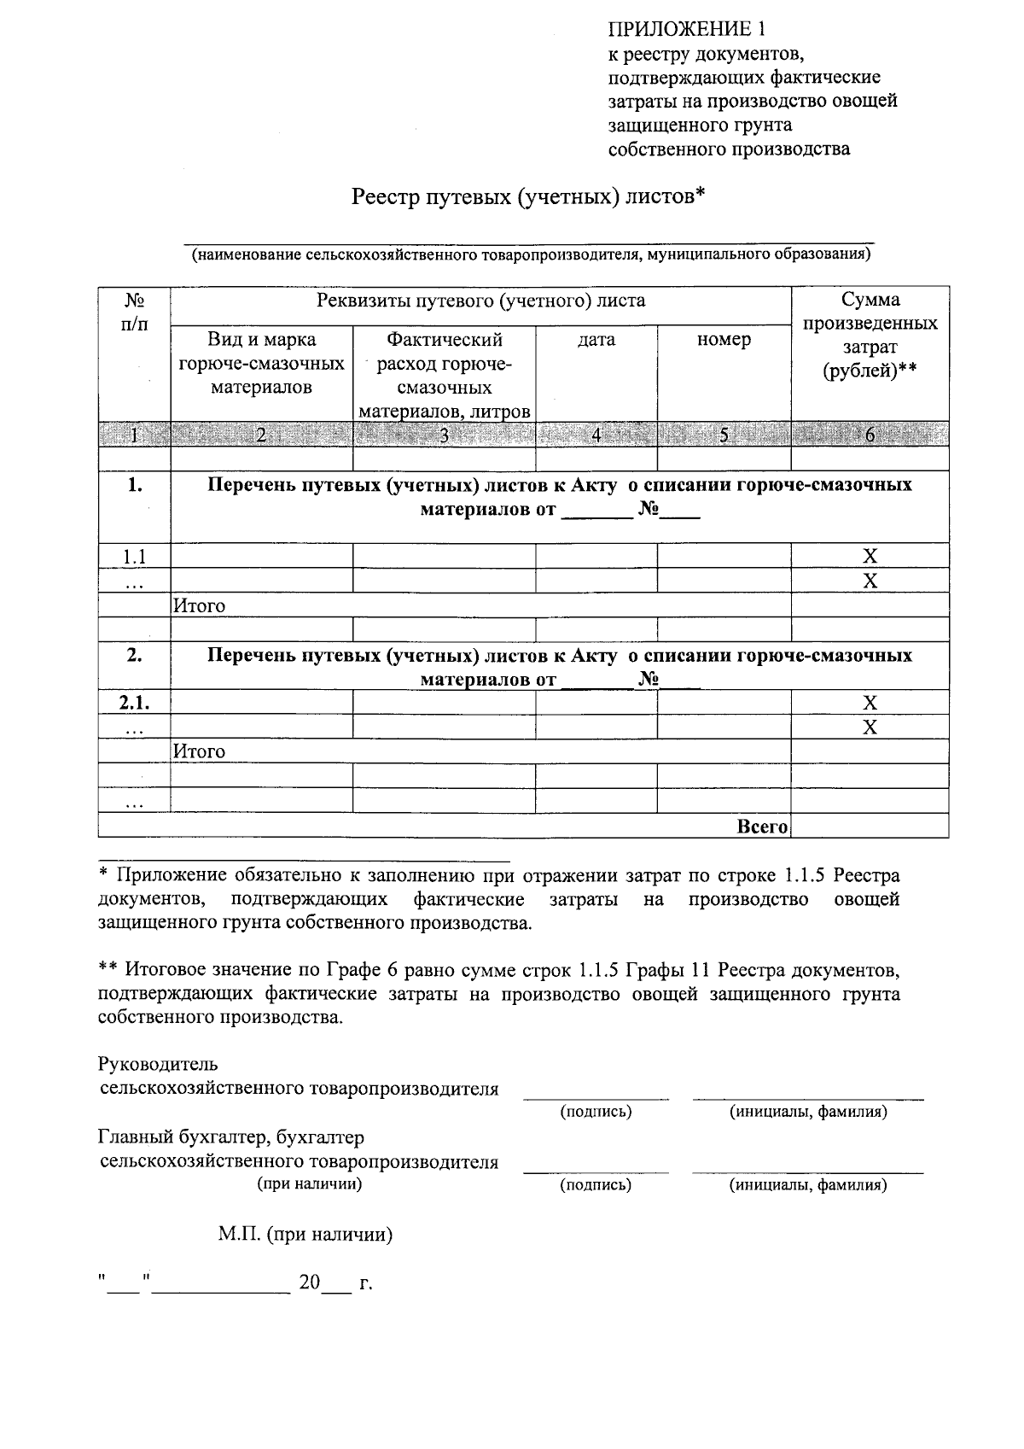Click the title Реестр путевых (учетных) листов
(528, 197)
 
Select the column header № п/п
(134, 312)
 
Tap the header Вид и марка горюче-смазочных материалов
(261, 363)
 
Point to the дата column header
(596, 340)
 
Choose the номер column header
(724, 340)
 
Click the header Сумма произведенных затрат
(870, 335)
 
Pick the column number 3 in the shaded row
(444, 435)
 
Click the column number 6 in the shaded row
(870, 435)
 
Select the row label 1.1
(134, 557)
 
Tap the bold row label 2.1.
(134, 703)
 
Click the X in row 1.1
(870, 557)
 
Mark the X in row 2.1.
(870, 703)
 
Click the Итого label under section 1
(200, 606)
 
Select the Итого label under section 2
(200, 751)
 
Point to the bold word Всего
(761, 827)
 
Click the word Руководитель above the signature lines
(158, 1064)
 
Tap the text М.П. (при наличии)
(305, 1235)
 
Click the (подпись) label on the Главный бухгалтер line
(596, 1185)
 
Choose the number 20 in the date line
(309, 1283)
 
